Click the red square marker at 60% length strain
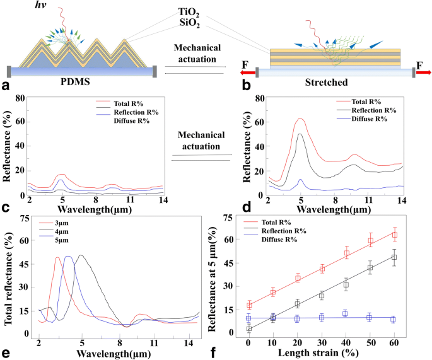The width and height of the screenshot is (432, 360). pos(394,235)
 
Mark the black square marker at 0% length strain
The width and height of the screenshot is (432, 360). pos(249,328)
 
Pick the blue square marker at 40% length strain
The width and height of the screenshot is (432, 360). pos(346,313)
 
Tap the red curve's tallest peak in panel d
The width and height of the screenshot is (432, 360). pos(300,119)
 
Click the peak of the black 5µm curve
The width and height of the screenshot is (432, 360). pos(81,255)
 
